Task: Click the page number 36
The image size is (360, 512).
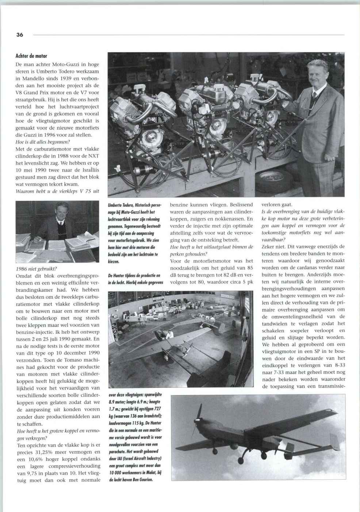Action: click(19, 35)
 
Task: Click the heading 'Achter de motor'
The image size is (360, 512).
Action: click(31, 56)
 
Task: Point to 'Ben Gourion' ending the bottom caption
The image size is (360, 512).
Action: click(140, 479)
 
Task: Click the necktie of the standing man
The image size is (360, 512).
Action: click(314, 98)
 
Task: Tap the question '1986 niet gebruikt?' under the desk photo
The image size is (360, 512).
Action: click(37, 269)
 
